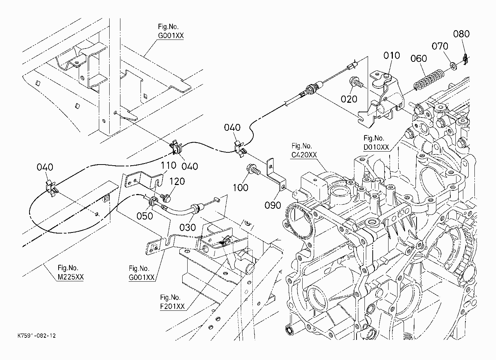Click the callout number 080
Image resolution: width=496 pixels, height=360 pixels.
click(x=461, y=34)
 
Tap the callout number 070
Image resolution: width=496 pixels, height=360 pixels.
click(x=440, y=46)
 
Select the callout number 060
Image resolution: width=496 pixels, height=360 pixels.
click(x=419, y=59)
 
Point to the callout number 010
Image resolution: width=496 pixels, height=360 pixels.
click(x=392, y=55)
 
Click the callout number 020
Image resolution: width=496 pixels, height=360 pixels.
click(x=349, y=99)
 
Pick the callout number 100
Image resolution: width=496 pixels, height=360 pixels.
click(x=240, y=188)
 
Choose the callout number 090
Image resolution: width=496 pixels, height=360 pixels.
click(x=273, y=205)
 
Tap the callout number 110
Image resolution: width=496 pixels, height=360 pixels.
click(x=169, y=165)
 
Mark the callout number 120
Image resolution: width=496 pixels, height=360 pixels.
click(x=177, y=181)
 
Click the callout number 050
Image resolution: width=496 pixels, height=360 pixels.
click(x=144, y=216)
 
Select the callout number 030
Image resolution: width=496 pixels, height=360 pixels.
click(x=188, y=227)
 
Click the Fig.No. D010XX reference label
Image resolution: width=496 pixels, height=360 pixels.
click(x=376, y=143)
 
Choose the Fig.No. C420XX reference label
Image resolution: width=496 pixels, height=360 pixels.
click(x=304, y=150)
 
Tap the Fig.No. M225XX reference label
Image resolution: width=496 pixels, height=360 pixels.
click(x=71, y=272)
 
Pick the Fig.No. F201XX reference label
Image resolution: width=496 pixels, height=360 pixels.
click(x=172, y=302)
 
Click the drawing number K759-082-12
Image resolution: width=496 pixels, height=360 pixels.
click(x=37, y=336)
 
